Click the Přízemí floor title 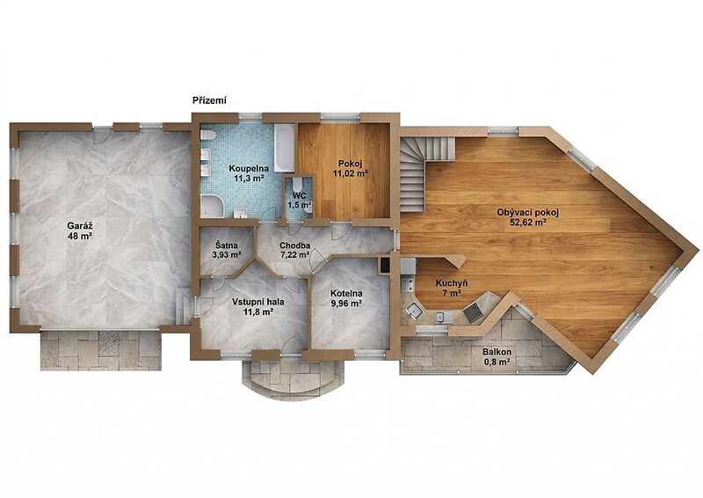tap(209, 100)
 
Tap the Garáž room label tap(80, 225)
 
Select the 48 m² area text tap(80, 235)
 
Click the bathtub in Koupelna tap(284, 148)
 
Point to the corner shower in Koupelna tap(212, 206)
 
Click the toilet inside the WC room tap(297, 185)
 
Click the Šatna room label tap(227, 245)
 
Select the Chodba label tap(295, 245)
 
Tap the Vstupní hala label tap(253, 303)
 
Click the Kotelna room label tap(346, 294)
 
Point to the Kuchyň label tap(452, 283)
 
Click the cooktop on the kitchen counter tap(474, 312)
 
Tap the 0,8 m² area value tap(496, 362)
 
